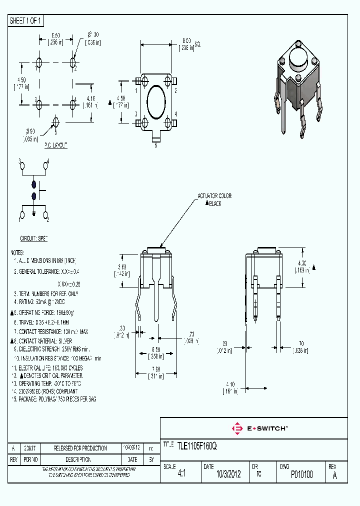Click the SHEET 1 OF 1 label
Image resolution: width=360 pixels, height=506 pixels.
[26, 20]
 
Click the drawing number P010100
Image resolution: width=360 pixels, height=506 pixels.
[301, 474]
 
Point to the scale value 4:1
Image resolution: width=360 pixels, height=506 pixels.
[181, 474]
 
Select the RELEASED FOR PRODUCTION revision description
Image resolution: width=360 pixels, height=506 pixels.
[80, 448]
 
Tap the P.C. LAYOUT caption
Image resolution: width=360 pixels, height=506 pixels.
[56, 145]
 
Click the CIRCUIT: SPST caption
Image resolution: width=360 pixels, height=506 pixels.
[33, 239]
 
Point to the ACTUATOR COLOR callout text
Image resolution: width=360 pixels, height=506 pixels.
[215, 197]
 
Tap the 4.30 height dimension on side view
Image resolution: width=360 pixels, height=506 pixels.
[301, 266]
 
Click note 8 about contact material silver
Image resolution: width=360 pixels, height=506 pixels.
[45, 340]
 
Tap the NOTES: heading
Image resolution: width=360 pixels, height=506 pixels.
[18, 252]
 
